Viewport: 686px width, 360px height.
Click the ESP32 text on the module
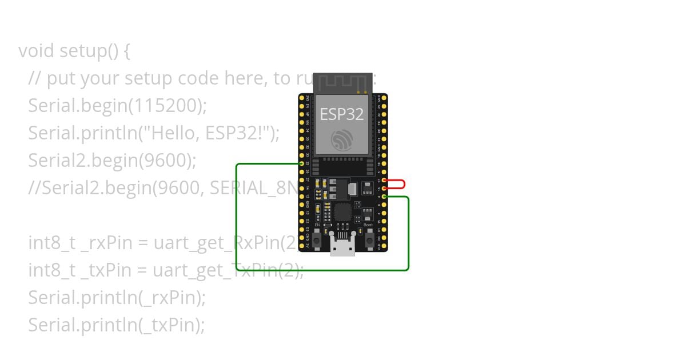[342, 114]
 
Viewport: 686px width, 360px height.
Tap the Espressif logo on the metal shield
[342, 139]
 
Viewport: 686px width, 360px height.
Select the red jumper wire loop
[404, 184]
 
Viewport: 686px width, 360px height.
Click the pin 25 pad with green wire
[301, 163]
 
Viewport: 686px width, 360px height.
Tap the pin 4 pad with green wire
[384, 197]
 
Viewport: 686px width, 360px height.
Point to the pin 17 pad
[384, 180]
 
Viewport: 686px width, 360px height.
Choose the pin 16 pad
[384, 188]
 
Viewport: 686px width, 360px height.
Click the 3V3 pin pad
[301, 98]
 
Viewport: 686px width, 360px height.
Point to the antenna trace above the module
[342, 83]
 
